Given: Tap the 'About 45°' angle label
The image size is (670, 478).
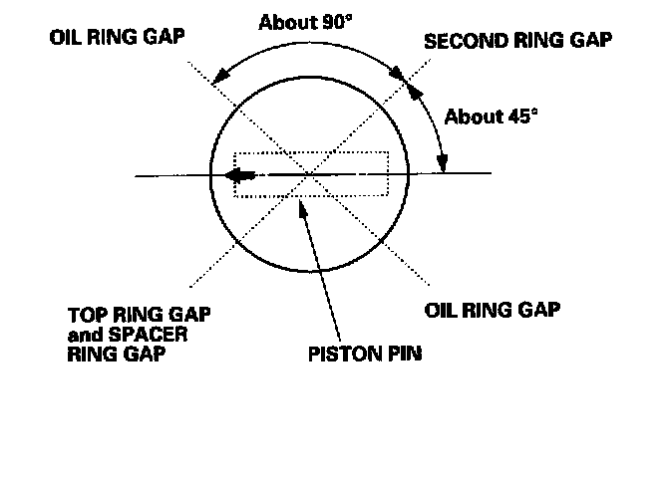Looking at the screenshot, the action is point(491,118).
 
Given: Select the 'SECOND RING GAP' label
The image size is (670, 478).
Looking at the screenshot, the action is point(517,41).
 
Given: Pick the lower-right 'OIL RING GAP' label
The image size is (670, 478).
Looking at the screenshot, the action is point(493,308).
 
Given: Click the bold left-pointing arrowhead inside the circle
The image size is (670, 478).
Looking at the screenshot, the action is point(237,175).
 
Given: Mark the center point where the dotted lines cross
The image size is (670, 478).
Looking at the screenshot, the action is point(312,175).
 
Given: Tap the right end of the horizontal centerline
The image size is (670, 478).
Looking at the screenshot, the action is point(492,174).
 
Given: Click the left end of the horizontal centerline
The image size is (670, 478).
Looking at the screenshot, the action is point(137,176).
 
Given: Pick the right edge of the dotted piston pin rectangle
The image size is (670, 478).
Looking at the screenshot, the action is point(389,174).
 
